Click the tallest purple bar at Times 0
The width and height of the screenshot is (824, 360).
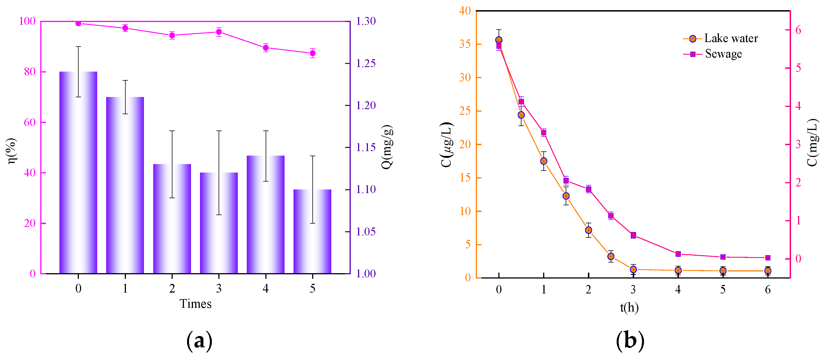coord(78,173)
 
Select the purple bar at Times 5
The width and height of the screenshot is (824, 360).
coord(312,232)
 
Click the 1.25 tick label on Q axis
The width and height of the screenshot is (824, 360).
coord(366,63)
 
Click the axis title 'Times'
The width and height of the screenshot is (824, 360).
coord(196,304)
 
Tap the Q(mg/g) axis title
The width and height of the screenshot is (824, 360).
coord(387,147)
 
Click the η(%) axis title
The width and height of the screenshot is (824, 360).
coord(12,151)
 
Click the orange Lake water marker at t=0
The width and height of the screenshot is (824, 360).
coord(499,40)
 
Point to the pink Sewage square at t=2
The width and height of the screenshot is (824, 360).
coord(588,189)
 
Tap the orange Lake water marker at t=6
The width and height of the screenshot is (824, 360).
coord(768,271)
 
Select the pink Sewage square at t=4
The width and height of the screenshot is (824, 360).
coord(678,254)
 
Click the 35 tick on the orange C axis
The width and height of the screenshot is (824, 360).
coord(465,44)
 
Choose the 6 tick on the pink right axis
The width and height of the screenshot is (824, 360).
coord(798,30)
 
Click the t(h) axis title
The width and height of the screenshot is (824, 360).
coord(629,308)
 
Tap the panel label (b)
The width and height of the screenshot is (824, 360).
coord(630,341)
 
